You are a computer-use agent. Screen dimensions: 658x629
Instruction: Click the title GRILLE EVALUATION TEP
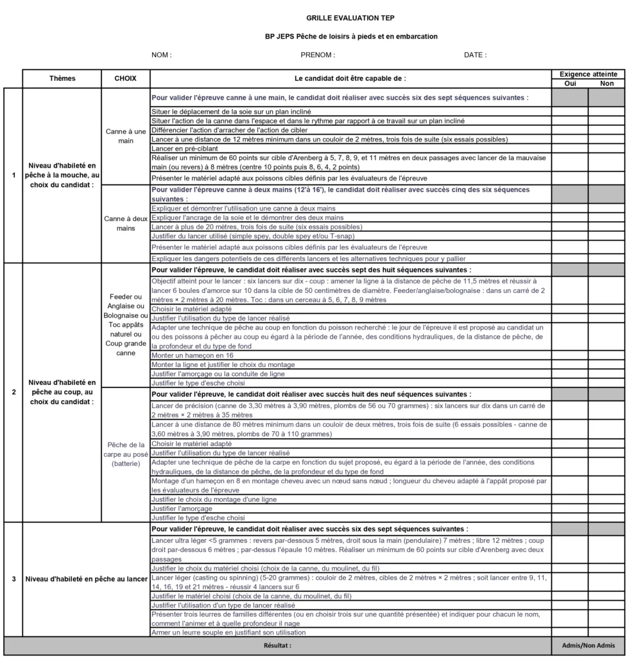[351, 19]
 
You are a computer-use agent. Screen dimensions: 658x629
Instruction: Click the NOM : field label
[161, 55]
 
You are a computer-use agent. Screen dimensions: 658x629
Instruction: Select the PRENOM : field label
[318, 55]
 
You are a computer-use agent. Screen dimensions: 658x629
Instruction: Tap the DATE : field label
[475, 55]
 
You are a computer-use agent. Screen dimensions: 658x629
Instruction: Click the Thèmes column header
[62, 78]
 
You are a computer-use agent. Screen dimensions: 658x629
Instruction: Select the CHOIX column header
[126, 78]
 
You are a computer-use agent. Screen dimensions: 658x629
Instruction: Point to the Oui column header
[569, 84]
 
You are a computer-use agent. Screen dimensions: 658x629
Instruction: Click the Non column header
[607, 84]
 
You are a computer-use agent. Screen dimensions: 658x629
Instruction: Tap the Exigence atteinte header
[588, 75]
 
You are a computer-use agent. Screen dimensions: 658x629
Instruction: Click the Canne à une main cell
[126, 136]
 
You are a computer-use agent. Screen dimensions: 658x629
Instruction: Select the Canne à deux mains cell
[126, 224]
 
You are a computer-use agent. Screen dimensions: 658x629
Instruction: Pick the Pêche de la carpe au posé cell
[126, 454]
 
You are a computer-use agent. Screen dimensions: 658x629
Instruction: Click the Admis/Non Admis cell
[588, 645]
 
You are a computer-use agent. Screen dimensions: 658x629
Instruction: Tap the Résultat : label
[277, 645]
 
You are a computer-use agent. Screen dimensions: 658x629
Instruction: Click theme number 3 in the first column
[13, 579]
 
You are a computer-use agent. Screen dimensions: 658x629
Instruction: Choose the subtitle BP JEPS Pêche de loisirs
[351, 37]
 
